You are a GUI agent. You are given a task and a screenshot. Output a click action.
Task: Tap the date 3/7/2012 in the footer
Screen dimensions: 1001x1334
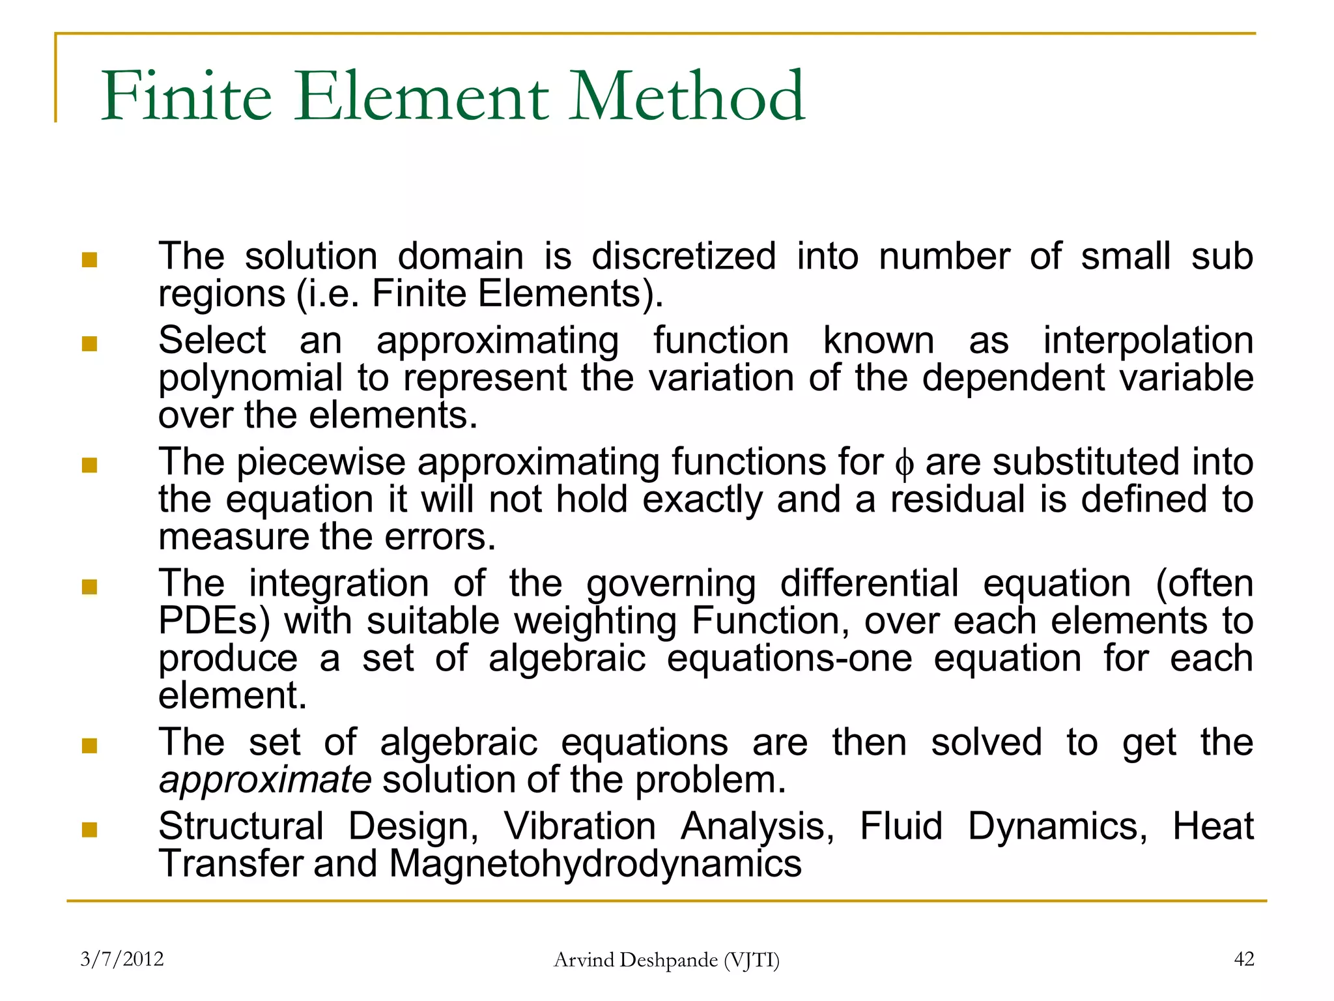[x=122, y=959]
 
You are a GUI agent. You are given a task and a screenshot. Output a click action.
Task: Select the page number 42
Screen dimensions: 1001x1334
[x=1244, y=959]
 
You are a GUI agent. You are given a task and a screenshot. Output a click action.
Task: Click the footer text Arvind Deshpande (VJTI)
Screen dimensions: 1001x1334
[x=666, y=959]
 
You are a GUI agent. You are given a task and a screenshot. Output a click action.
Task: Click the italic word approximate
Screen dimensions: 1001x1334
[x=265, y=780]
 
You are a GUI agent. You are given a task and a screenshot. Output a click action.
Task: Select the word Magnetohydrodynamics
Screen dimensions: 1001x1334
[x=595, y=863]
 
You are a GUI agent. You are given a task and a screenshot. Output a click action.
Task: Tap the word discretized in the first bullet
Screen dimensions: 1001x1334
[x=684, y=255]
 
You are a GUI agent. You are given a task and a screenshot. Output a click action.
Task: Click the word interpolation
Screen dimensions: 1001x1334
[x=1148, y=340]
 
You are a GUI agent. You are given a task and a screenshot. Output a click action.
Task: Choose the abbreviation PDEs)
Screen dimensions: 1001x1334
[x=214, y=620]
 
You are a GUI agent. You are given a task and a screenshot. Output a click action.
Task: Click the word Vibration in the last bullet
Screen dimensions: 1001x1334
[x=580, y=826]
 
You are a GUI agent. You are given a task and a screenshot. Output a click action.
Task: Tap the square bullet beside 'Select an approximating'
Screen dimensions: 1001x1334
[x=89, y=343]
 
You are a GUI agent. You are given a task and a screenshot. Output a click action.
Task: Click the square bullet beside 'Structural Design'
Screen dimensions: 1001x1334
[x=89, y=830]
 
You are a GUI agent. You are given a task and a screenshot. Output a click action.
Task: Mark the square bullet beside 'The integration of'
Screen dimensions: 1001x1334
[x=89, y=587]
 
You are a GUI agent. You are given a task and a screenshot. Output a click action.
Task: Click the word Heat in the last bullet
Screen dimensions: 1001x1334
[x=1213, y=826]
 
